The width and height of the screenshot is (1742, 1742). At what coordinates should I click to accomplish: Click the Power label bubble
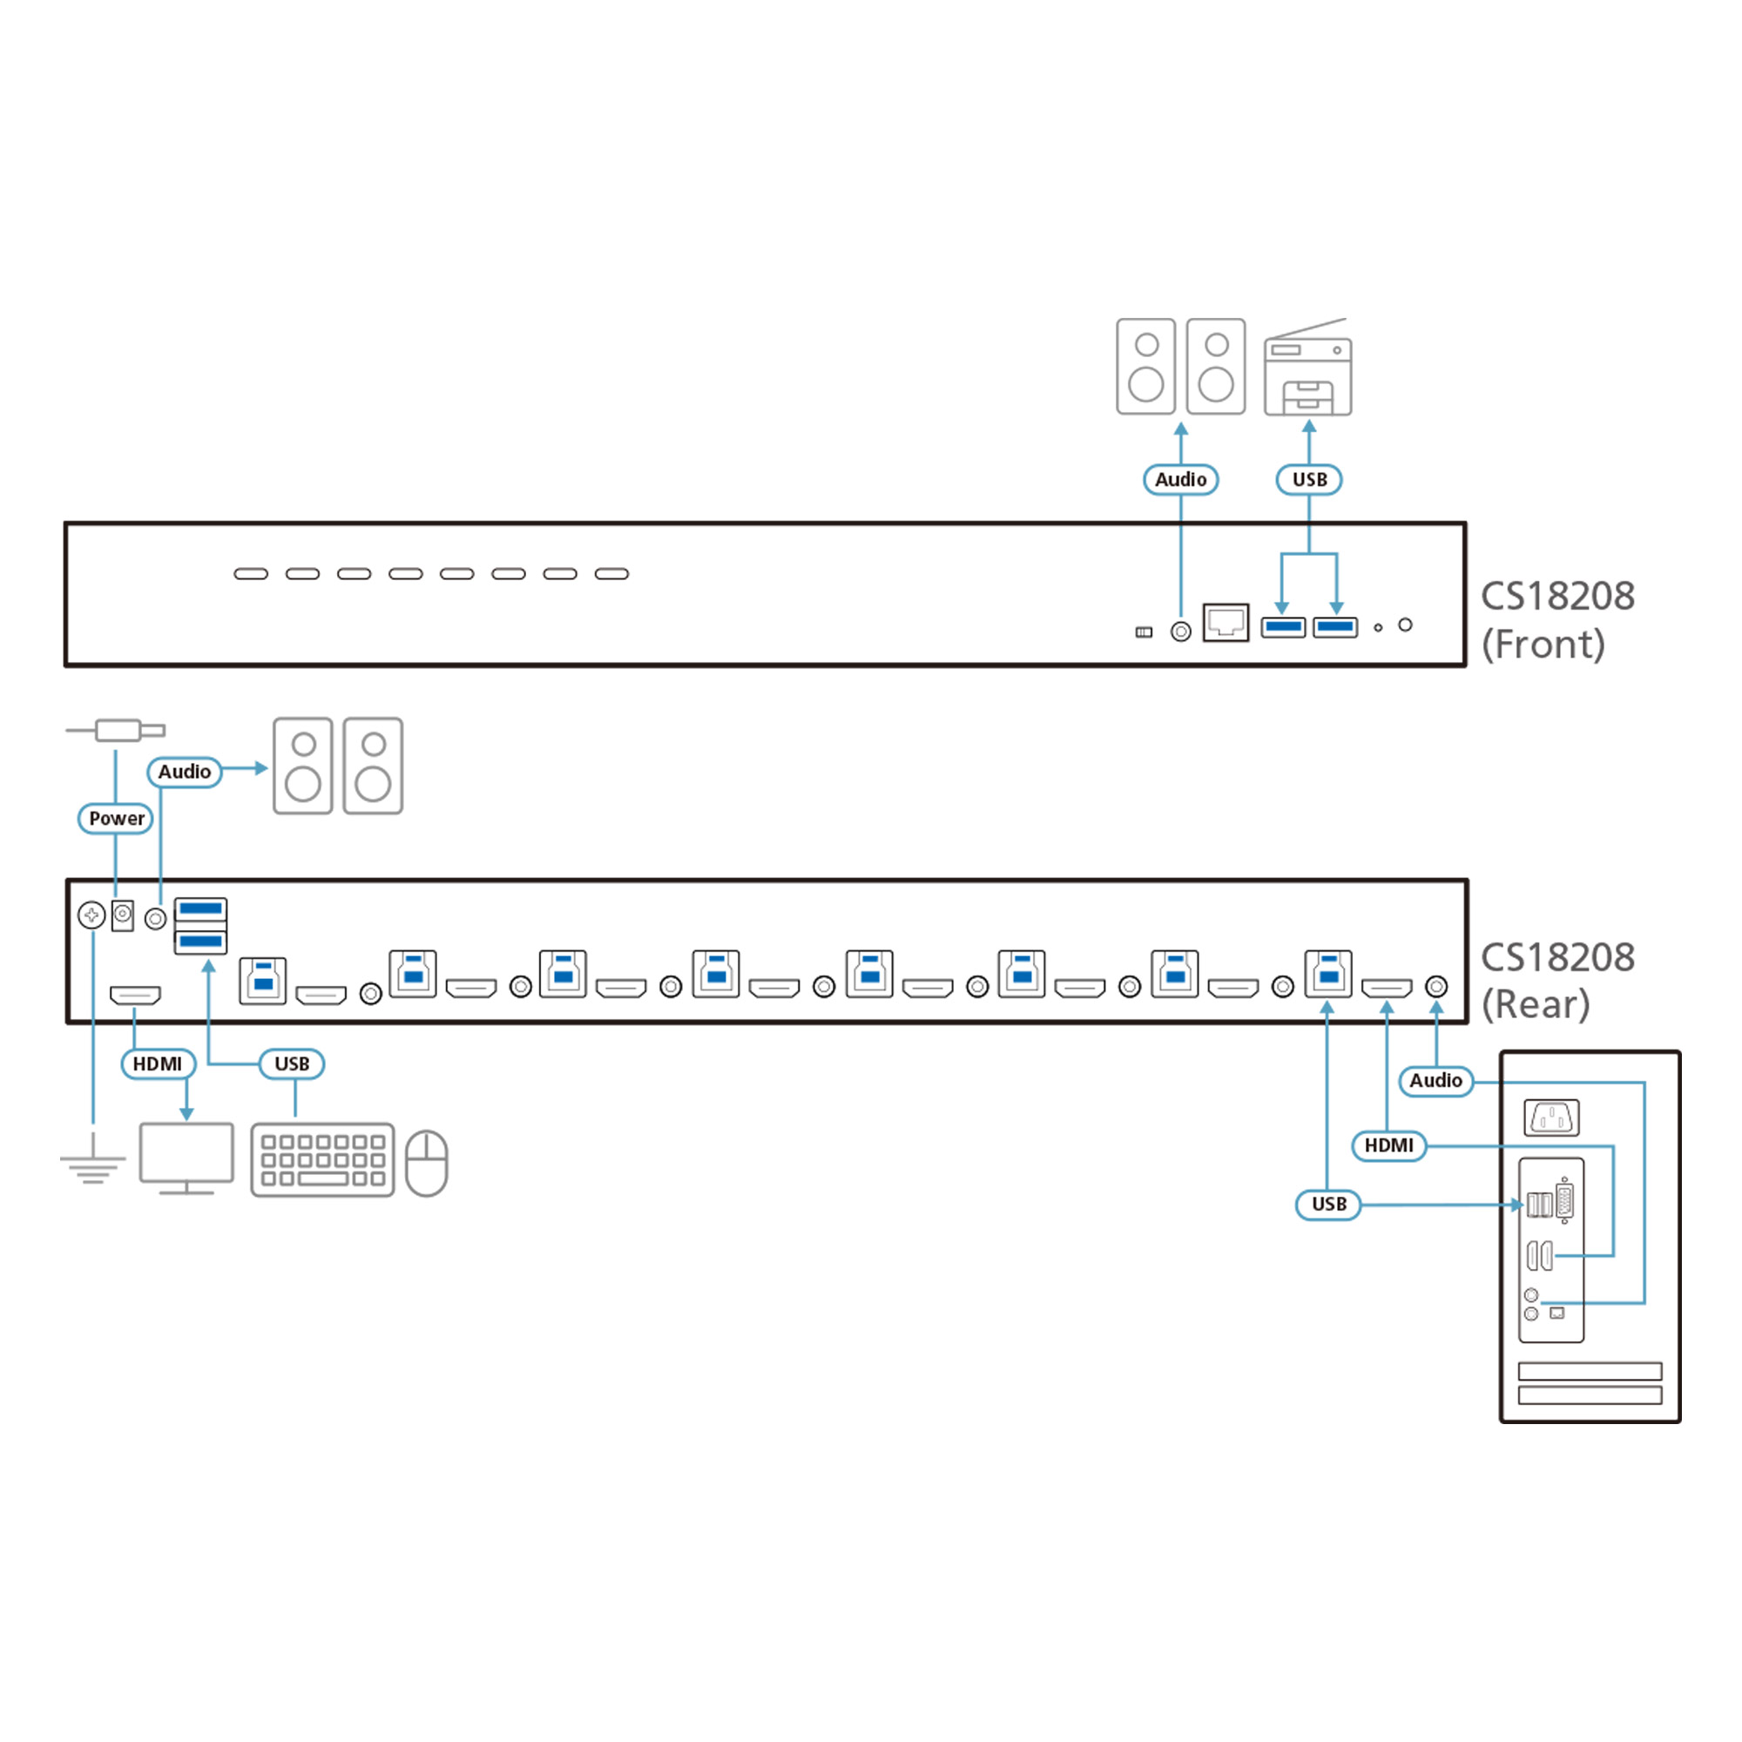pos(116,819)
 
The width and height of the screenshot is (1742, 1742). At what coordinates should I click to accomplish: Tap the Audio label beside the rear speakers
pos(184,772)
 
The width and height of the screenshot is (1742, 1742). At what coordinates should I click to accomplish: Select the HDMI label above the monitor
pos(158,1064)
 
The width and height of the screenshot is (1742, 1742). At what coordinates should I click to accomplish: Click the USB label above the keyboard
pos(291,1064)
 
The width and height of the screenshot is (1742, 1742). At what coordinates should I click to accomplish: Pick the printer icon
pos(1307,369)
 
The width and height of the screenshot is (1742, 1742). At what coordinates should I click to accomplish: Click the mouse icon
pos(427,1163)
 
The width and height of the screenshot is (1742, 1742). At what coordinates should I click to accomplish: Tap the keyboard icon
pos(323,1159)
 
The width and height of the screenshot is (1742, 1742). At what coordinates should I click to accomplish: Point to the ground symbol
pos(93,1166)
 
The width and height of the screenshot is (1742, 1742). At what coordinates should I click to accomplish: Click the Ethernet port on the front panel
pos(1225,622)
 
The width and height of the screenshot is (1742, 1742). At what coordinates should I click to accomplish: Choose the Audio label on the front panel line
pos(1180,480)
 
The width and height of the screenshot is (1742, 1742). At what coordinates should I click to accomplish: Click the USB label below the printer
pos(1309,480)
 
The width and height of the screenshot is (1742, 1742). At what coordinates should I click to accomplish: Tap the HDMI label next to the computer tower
pos(1388,1146)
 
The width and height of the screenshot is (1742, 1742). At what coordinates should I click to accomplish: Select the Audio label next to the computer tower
pos(1435,1080)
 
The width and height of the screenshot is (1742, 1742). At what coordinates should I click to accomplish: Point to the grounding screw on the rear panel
pos(91,916)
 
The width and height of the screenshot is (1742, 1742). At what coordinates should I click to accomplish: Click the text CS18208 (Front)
pos(1557,620)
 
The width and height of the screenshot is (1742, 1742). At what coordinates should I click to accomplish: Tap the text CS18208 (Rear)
pos(1557,981)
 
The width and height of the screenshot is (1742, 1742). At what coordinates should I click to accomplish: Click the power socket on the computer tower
pos(1551,1118)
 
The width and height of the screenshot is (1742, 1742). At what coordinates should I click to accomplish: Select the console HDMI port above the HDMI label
pos(135,996)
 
